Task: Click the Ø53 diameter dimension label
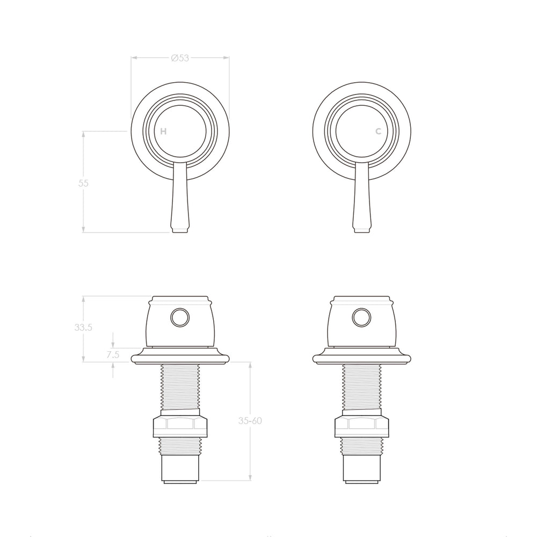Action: click(180, 58)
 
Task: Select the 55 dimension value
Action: click(83, 183)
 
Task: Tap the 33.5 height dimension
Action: click(83, 328)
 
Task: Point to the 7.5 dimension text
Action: click(113, 355)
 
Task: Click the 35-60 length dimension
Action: click(250, 420)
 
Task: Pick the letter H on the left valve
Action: click(163, 131)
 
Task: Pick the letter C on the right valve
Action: click(379, 131)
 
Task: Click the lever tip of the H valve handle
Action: click(180, 230)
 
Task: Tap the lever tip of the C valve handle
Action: click(361, 230)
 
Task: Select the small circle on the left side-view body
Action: click(180, 317)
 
